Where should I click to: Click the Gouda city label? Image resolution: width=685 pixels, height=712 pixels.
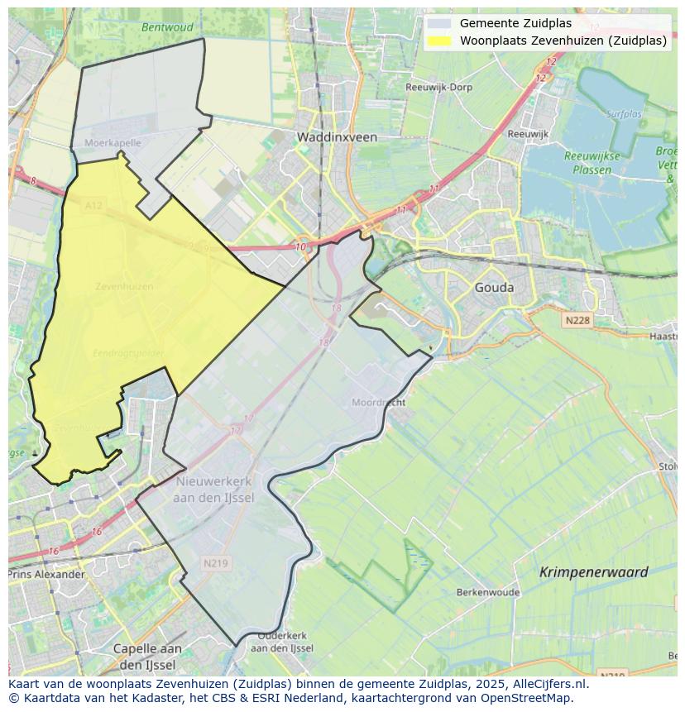[494, 288]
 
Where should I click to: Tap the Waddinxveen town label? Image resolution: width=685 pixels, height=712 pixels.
[337, 137]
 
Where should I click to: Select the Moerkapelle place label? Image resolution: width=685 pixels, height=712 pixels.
[113, 143]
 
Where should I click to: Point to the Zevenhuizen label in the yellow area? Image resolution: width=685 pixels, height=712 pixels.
[124, 287]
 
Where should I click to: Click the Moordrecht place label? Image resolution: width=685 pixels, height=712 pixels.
[378, 403]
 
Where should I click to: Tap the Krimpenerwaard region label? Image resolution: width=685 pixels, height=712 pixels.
[593, 572]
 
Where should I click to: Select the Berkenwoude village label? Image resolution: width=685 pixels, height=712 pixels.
[487, 593]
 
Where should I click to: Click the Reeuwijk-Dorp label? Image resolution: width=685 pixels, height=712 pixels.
[438, 87]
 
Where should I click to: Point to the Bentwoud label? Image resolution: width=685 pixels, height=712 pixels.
[166, 27]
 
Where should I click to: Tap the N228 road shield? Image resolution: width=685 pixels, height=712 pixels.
[578, 320]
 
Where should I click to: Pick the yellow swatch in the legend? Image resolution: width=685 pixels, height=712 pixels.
[440, 41]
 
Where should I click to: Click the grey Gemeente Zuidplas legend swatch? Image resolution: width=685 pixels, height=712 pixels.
[440, 24]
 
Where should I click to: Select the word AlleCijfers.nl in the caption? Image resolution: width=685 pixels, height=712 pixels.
[547, 684]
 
